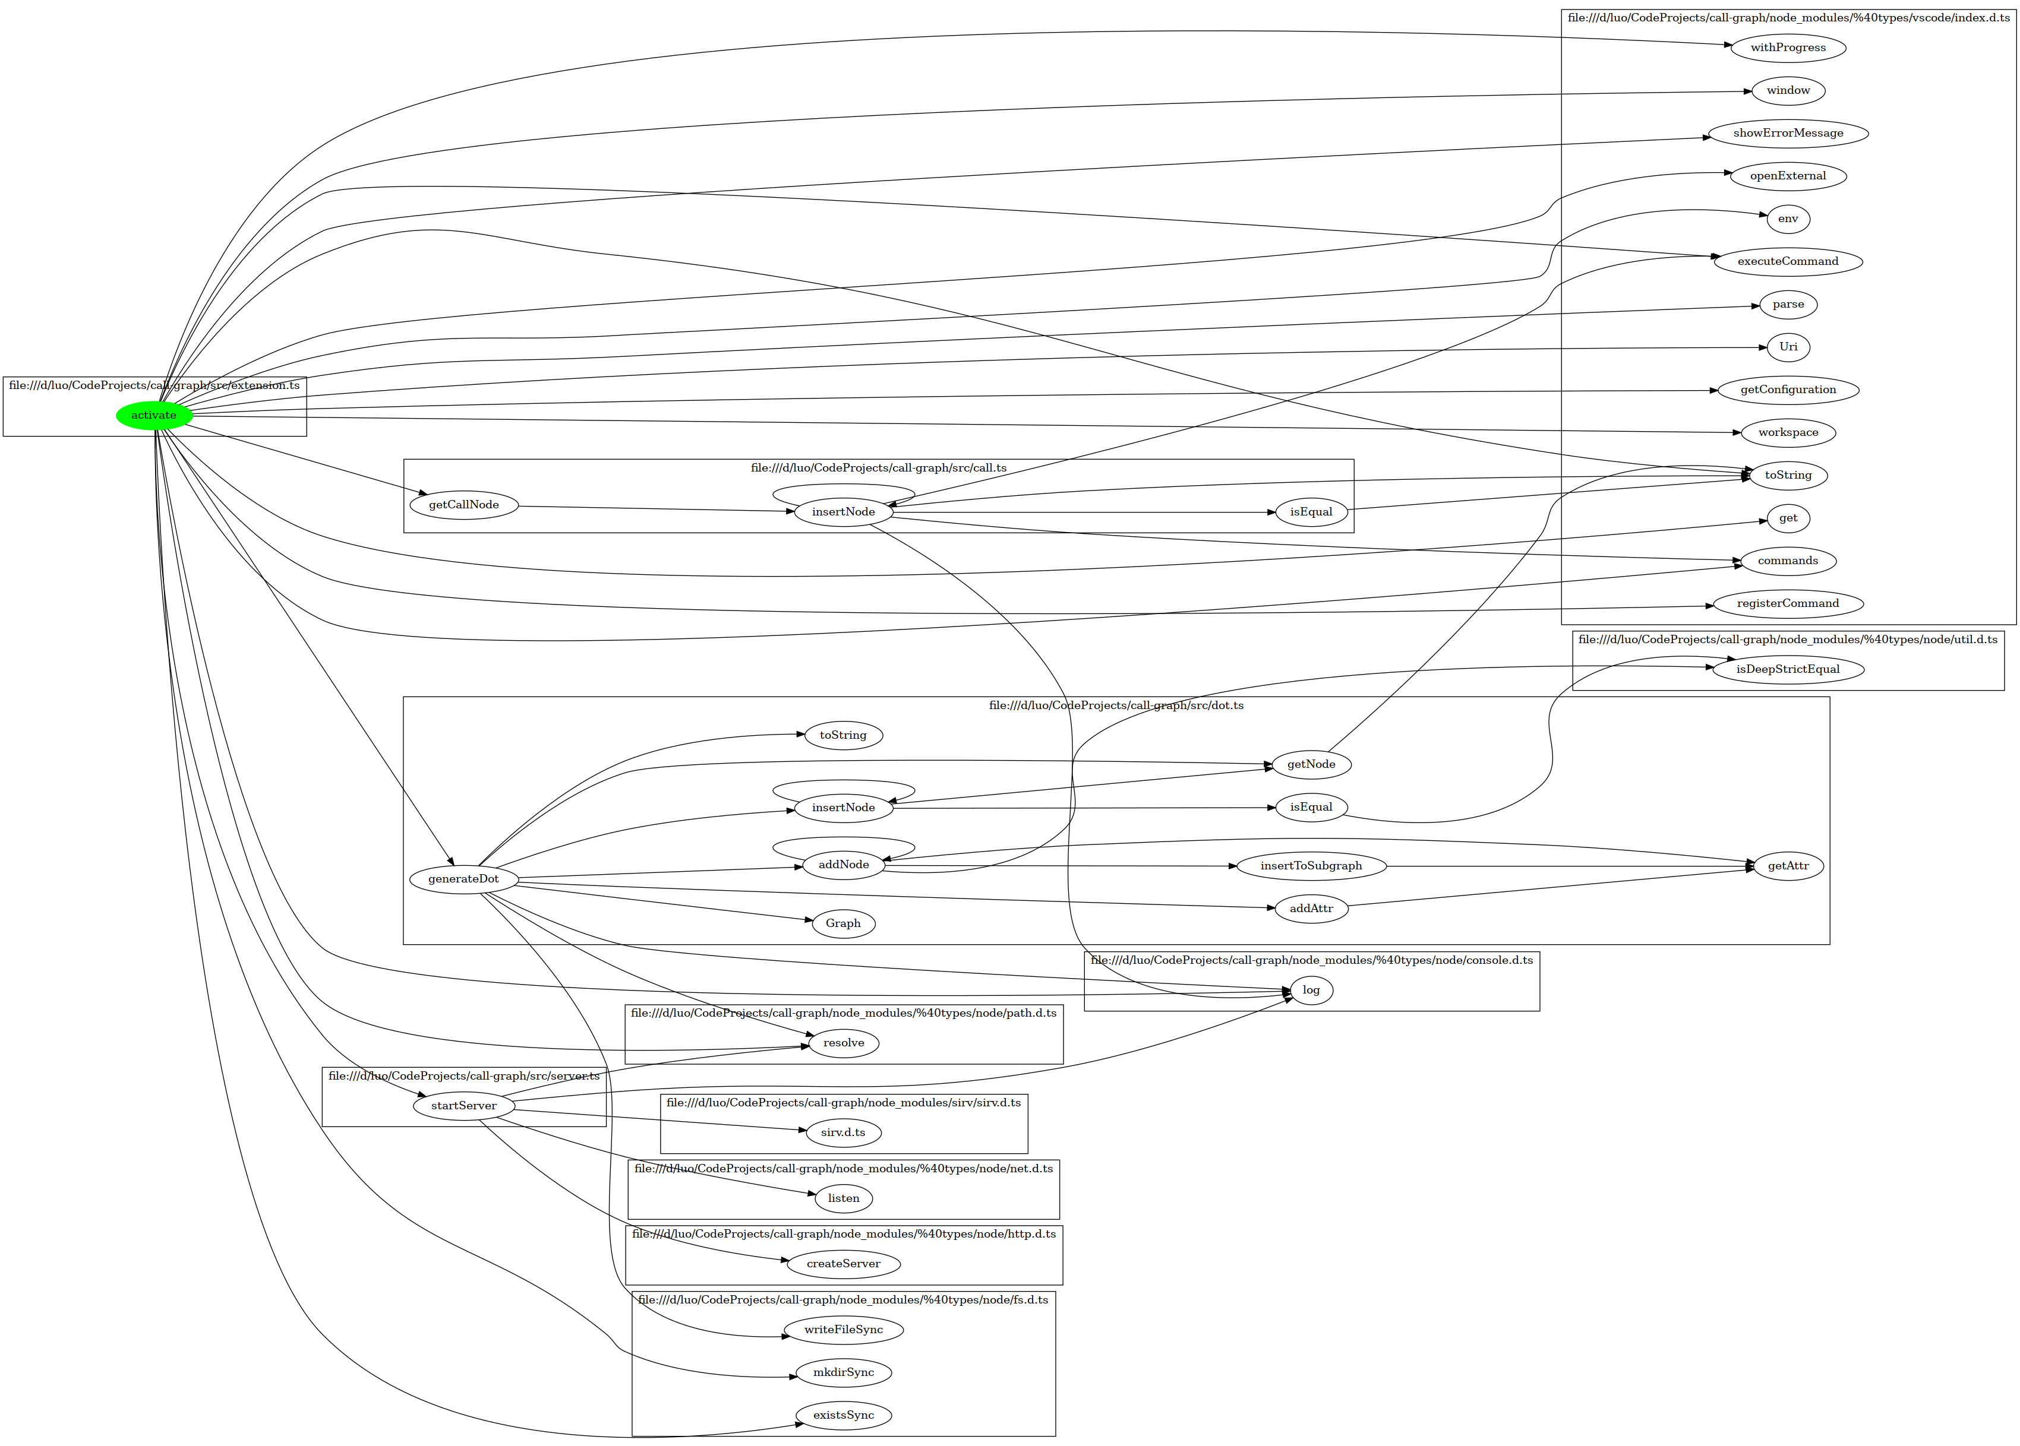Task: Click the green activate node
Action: pos(153,416)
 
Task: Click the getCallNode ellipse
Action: pos(463,505)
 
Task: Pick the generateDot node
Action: pos(463,879)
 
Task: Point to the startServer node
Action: pos(463,1106)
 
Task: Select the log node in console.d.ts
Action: pos(1311,990)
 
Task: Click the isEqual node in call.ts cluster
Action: pos(1311,512)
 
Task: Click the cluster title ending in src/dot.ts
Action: pos(1116,705)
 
